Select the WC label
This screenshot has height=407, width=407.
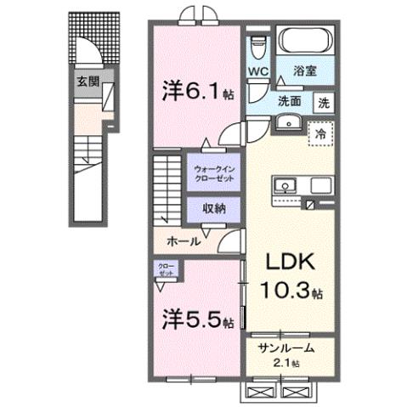pyautogui.click(x=258, y=72)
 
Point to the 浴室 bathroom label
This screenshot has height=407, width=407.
pyautogui.click(x=304, y=72)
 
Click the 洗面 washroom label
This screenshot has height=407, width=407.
pyautogui.click(x=291, y=99)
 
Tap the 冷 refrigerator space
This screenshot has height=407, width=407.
pyautogui.click(x=321, y=133)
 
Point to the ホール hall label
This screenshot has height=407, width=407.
pyautogui.click(x=184, y=241)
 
